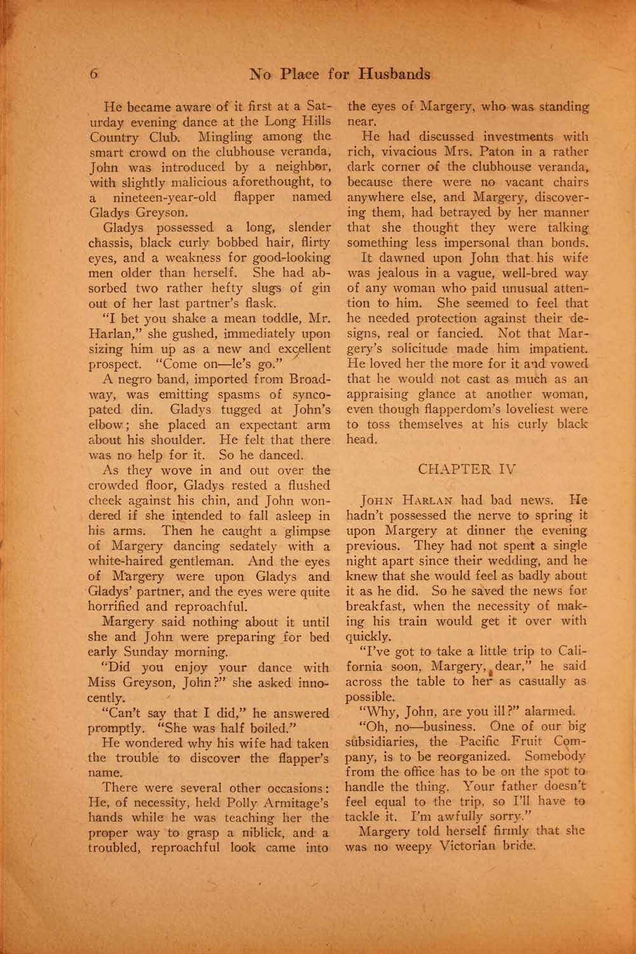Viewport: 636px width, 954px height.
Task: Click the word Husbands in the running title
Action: click(x=394, y=74)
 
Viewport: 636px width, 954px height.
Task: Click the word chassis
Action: click(x=109, y=242)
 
